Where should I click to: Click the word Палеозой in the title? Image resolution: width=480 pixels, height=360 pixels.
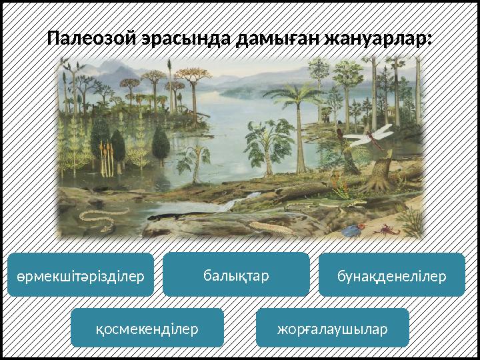click(93, 38)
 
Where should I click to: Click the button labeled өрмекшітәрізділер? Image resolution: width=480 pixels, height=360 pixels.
click(80, 275)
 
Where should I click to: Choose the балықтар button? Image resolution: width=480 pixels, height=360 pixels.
click(236, 273)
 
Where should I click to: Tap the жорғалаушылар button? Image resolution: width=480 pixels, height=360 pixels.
click(333, 327)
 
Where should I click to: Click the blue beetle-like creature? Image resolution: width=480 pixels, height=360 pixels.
click(351, 231)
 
